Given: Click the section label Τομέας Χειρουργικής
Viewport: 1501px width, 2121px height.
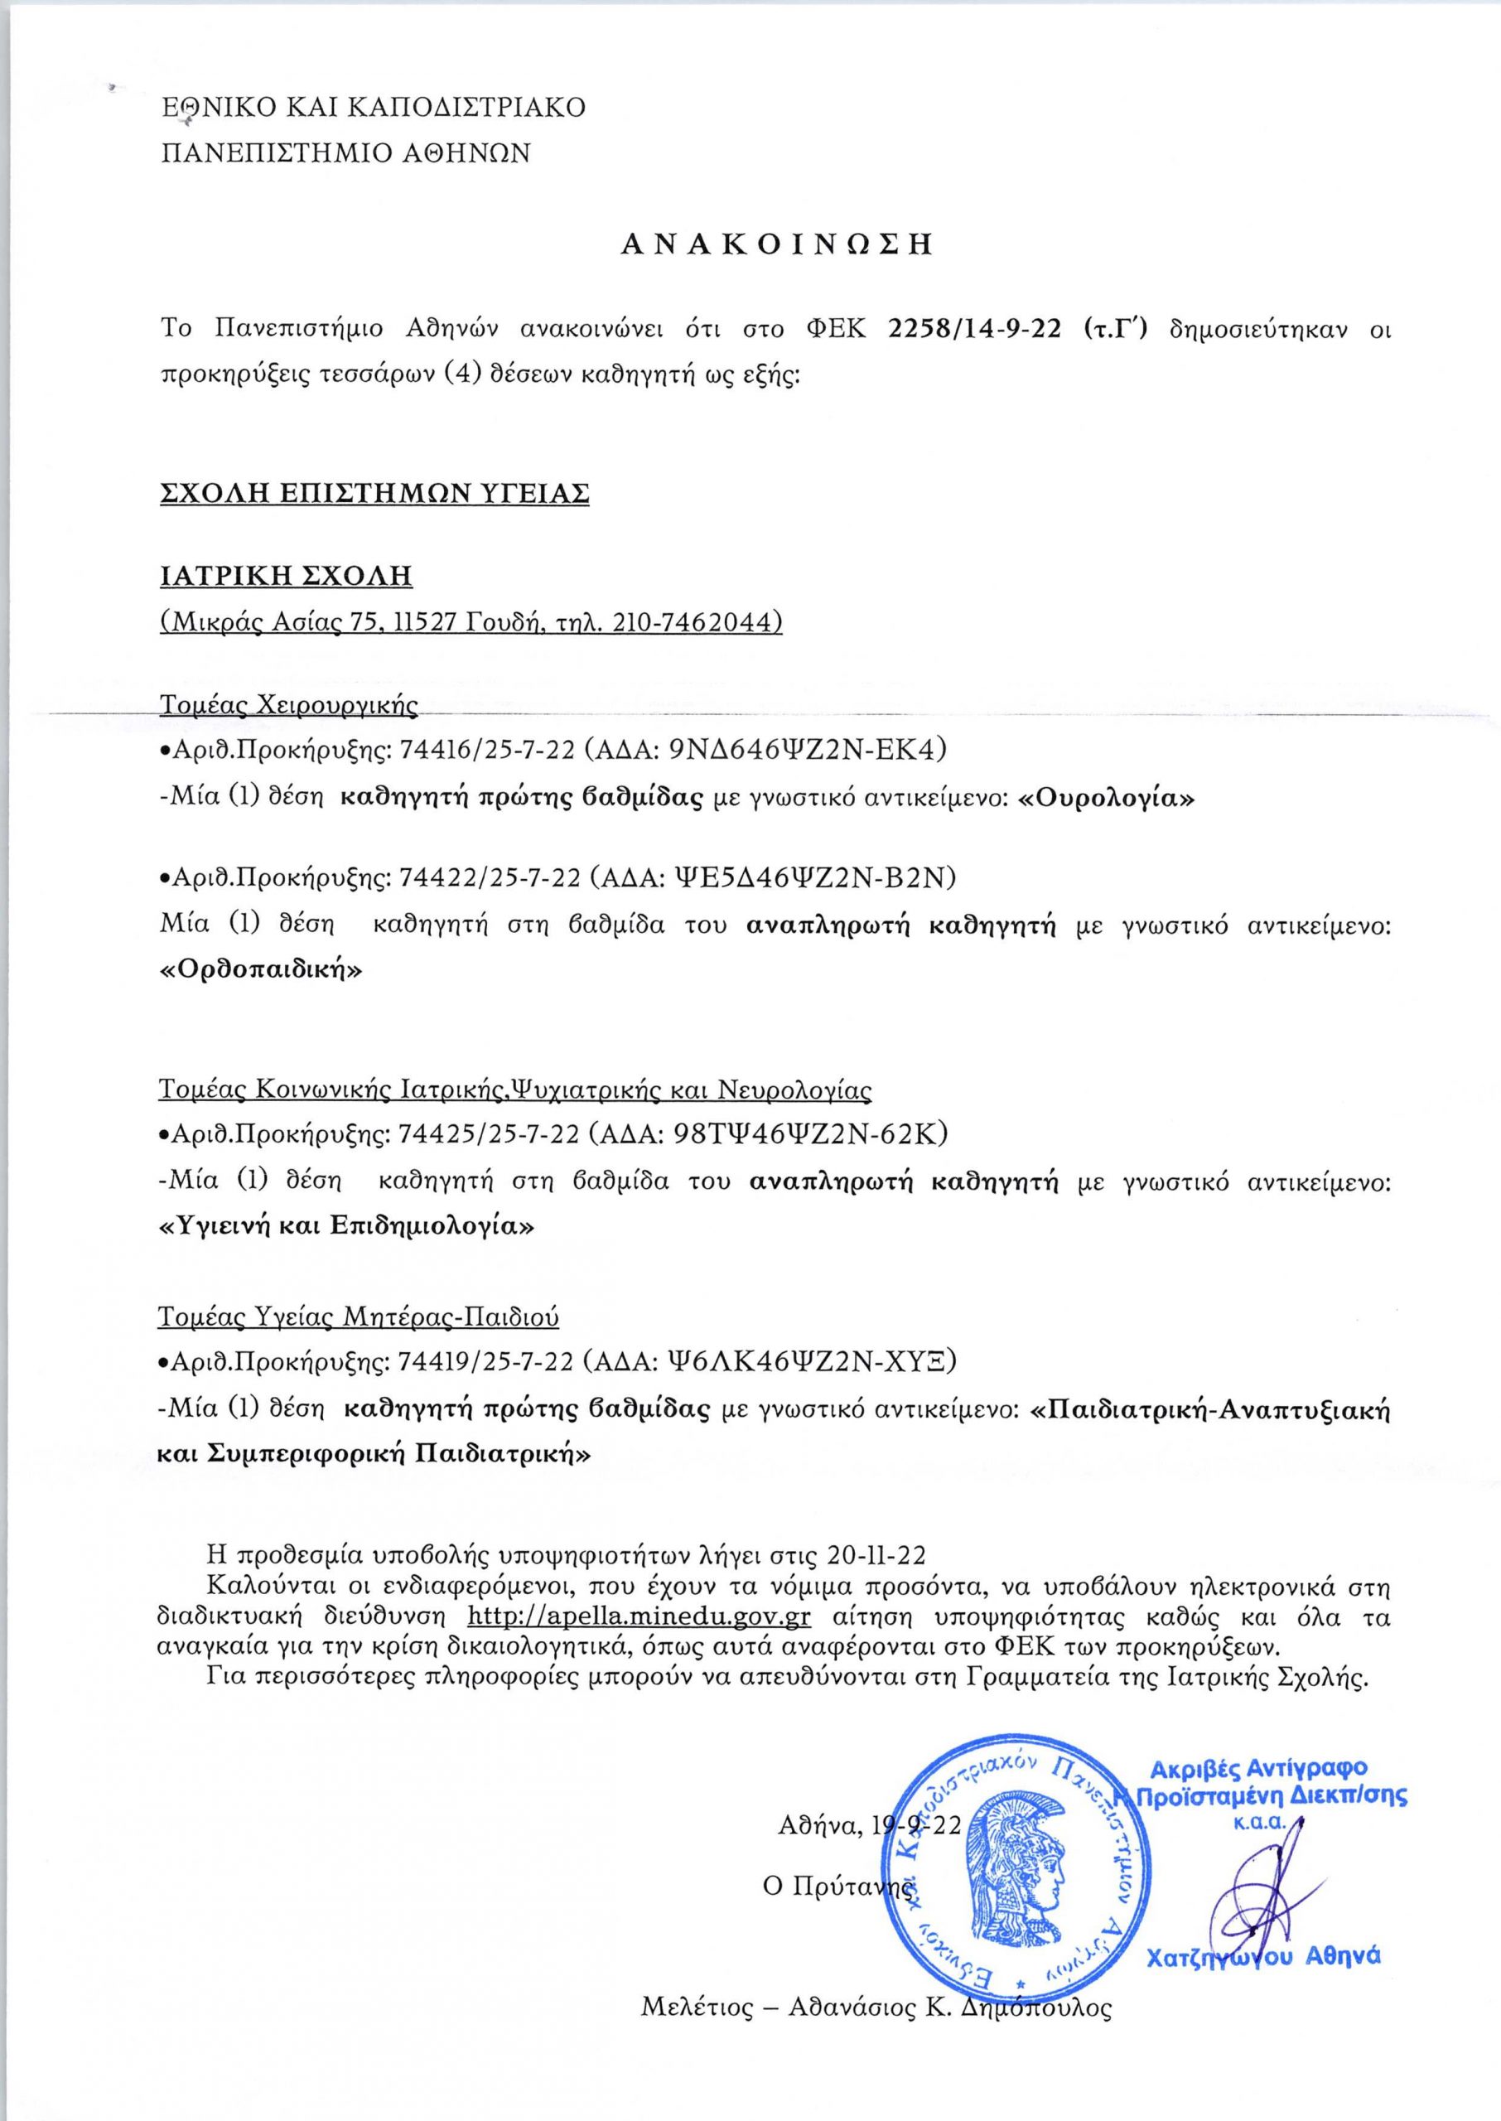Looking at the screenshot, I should (x=289, y=707).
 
